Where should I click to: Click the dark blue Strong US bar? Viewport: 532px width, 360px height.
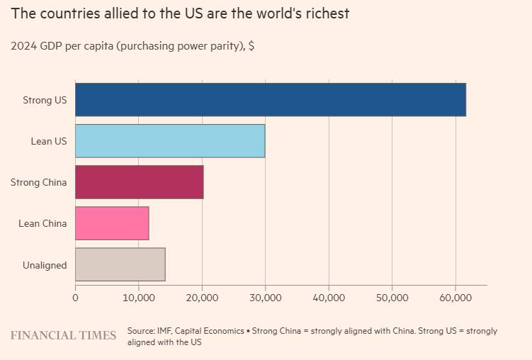[270, 100]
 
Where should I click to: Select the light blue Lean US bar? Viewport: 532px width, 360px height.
[170, 141]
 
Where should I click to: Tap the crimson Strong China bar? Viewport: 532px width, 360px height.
[139, 182]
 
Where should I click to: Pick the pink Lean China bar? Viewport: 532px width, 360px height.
[112, 223]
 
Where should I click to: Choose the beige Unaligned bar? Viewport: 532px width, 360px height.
[120, 264]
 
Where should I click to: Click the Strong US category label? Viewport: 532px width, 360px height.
[45, 100]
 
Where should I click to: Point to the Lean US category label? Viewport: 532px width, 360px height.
[49, 141]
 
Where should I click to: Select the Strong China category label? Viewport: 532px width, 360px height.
[39, 182]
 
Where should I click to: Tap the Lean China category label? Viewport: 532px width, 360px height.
[43, 223]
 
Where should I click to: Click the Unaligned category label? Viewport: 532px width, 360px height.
[45, 265]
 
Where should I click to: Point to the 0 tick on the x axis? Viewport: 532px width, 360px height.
[75, 298]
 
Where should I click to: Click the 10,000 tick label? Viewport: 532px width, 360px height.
[138, 298]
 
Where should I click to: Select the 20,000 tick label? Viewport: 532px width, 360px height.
[202, 298]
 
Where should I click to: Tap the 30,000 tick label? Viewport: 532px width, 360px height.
[265, 298]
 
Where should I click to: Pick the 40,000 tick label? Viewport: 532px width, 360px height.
[328, 298]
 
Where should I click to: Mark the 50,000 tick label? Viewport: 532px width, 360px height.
[392, 298]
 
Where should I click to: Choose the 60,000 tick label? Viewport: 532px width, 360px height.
[455, 298]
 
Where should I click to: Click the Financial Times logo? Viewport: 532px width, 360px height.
[63, 335]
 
